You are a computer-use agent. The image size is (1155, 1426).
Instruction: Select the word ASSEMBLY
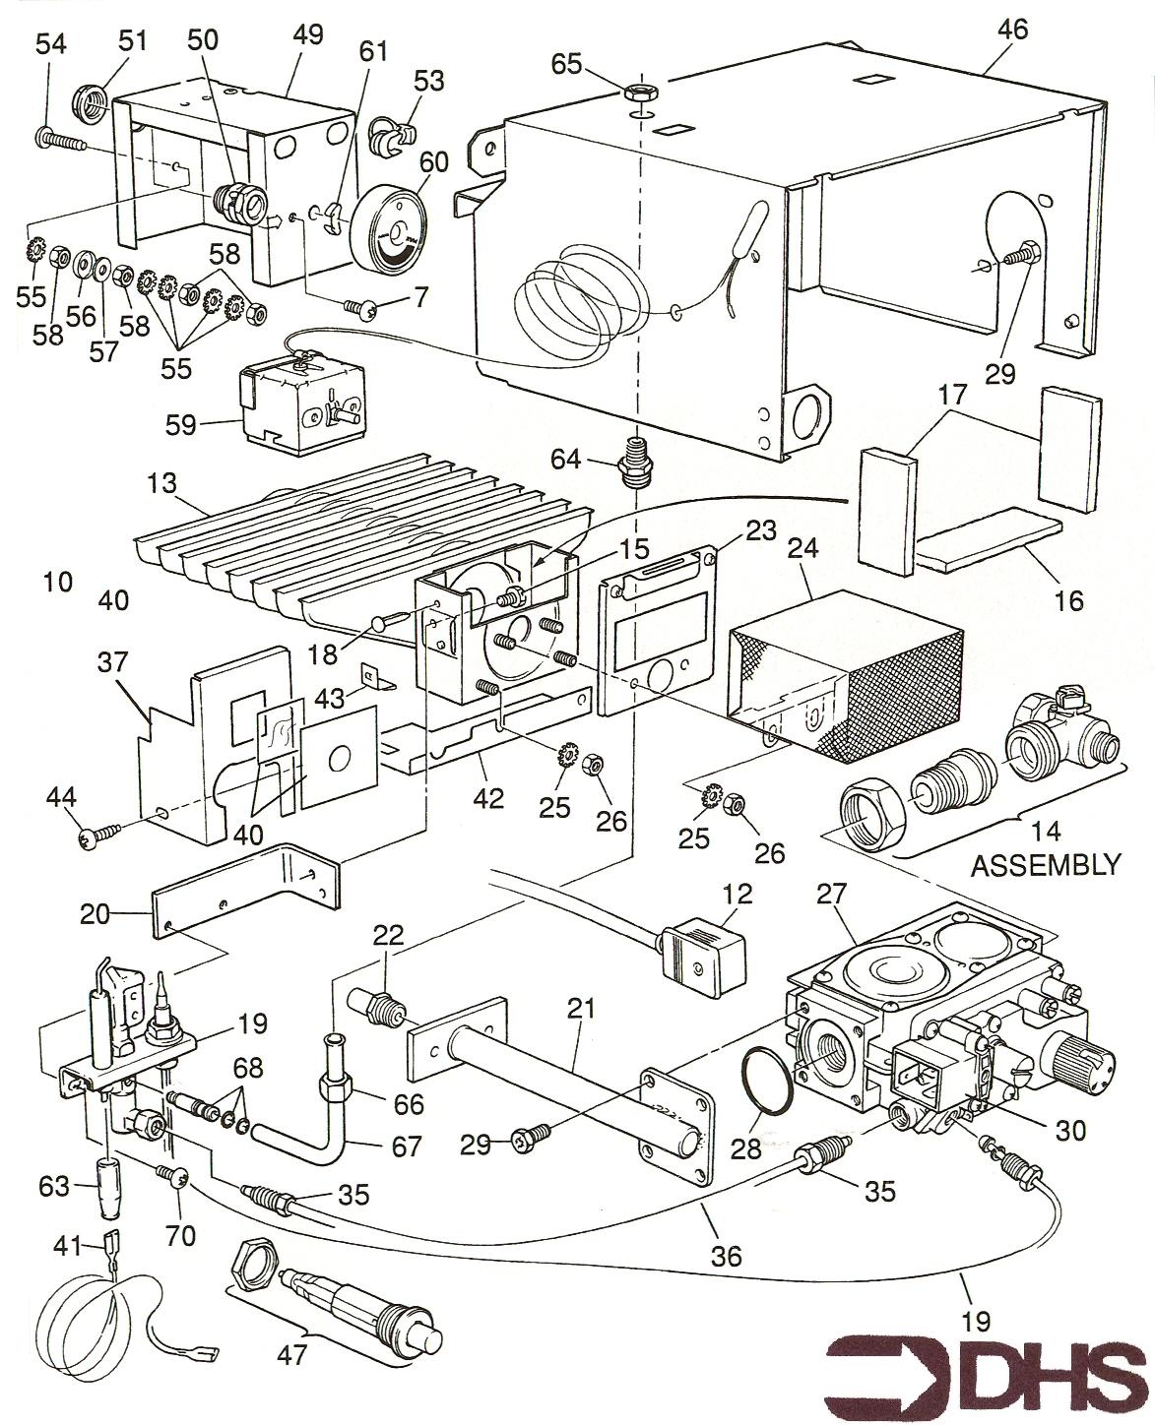(x=1045, y=865)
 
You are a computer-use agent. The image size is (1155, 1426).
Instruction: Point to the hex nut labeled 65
(x=641, y=94)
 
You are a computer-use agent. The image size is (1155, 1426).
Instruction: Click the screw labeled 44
(x=99, y=835)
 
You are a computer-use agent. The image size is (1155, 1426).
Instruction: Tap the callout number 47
(x=291, y=1353)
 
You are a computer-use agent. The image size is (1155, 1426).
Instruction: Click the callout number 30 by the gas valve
(x=1069, y=1131)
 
